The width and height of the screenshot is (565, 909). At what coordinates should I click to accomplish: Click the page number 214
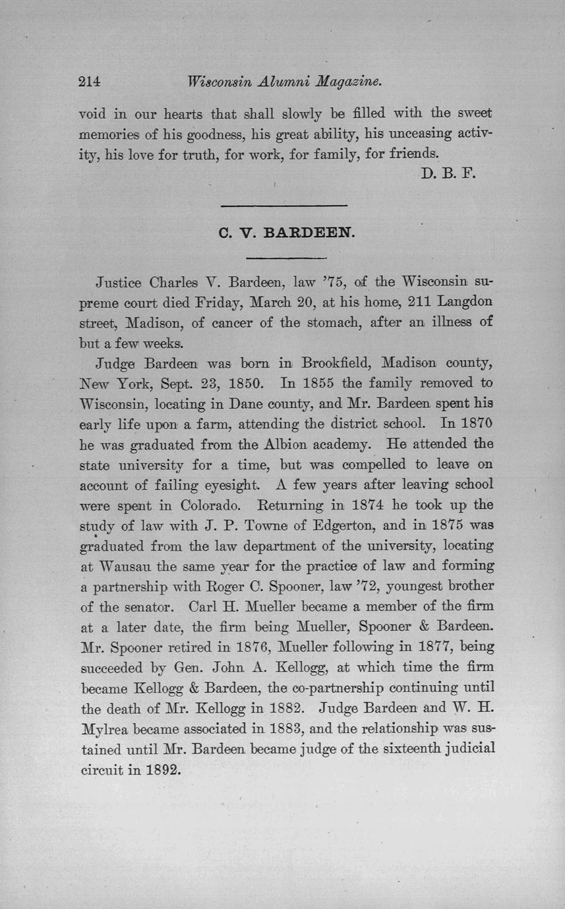pyautogui.click(x=88, y=82)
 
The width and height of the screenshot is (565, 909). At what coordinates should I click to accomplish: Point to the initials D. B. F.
pyautogui.click(x=447, y=174)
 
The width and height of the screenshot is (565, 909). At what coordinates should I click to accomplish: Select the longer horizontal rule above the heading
pyautogui.click(x=283, y=207)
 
